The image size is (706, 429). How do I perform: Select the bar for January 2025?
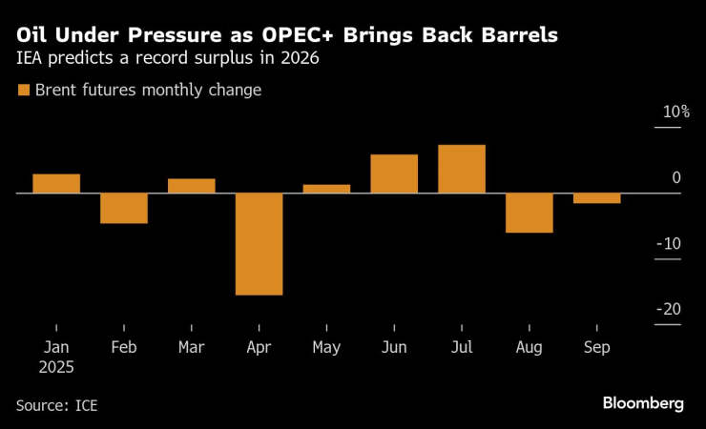[56, 184]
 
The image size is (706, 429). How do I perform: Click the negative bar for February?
[124, 208]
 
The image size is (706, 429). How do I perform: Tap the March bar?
[192, 186]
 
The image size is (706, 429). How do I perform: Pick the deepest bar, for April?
[259, 244]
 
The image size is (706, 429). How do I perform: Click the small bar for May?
[326, 189]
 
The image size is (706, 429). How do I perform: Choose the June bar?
[394, 174]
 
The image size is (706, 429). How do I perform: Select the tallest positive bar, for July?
[462, 169]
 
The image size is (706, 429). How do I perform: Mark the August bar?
[529, 213]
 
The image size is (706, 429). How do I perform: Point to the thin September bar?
[597, 198]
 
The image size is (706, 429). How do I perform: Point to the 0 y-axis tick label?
[675, 178]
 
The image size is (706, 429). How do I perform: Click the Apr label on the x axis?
[259, 348]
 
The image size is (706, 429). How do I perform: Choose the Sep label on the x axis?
[597, 348]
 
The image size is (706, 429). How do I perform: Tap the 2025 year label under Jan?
[55, 366]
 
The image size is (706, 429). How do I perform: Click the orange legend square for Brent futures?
[23, 91]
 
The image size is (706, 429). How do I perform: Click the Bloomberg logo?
[643, 403]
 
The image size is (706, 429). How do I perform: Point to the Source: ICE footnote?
[56, 405]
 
